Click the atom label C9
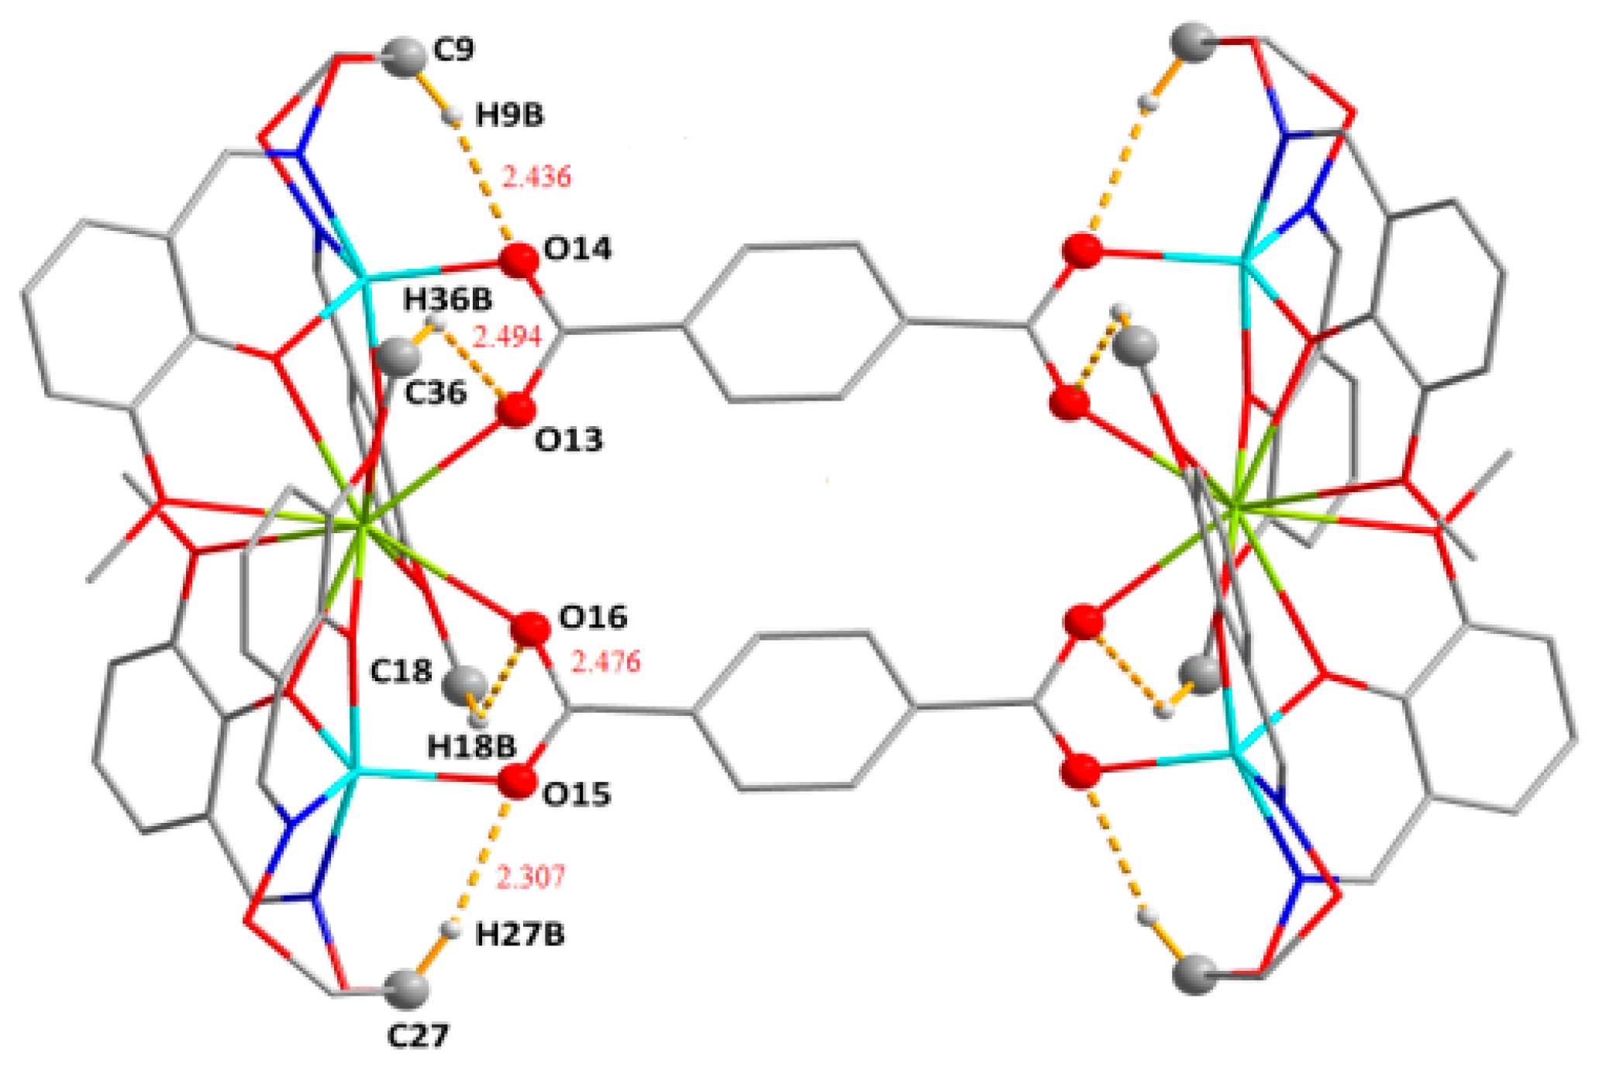pyautogui.click(x=453, y=50)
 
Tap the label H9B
pyautogui.click(x=509, y=115)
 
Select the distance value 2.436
pyautogui.click(x=536, y=177)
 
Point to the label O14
pyautogui.click(x=577, y=249)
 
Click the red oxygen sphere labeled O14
pyautogui.click(x=519, y=260)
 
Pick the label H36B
pyautogui.click(x=447, y=299)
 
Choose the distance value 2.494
pyautogui.click(x=507, y=336)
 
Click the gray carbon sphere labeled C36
pyautogui.click(x=396, y=355)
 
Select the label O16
pyautogui.click(x=593, y=618)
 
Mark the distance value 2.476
pyautogui.click(x=605, y=662)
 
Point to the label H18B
pyautogui.click(x=471, y=747)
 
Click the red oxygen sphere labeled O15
pyautogui.click(x=517, y=782)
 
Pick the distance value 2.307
pyautogui.click(x=530, y=877)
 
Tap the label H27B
pyautogui.click(x=519, y=935)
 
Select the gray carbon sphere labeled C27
pyautogui.click(x=408, y=989)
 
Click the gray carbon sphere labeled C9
pyautogui.click(x=404, y=57)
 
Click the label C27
pyautogui.click(x=419, y=1035)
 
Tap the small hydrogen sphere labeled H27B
pyautogui.click(x=450, y=929)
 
